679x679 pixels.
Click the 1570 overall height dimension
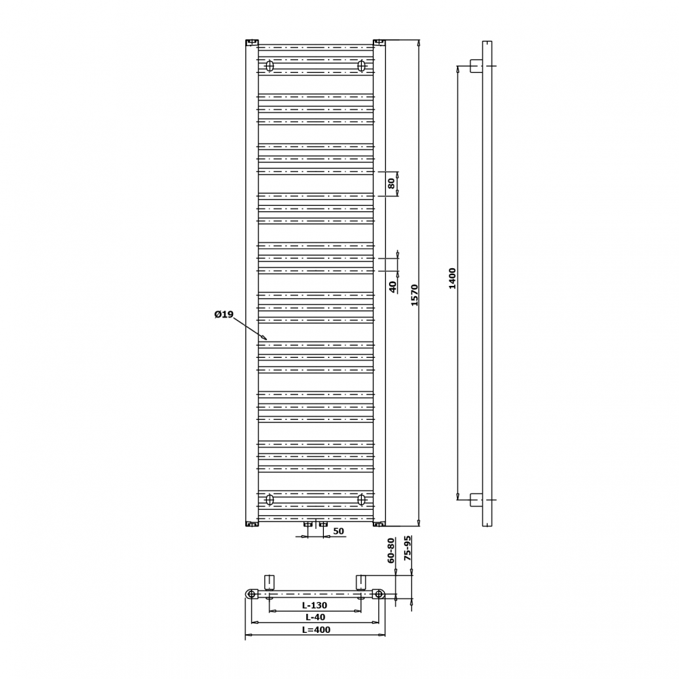click(414, 295)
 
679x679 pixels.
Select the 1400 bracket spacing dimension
click(452, 278)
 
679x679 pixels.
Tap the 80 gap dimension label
click(392, 183)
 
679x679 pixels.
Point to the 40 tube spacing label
click(392, 287)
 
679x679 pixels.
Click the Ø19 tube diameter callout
click(224, 314)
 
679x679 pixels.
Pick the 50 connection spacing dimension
click(338, 531)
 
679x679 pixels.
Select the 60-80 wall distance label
click(391, 550)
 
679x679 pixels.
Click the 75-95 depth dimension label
click(407, 548)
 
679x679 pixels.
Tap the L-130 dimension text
click(315, 606)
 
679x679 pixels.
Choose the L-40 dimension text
click(315, 617)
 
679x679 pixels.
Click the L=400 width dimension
click(316, 629)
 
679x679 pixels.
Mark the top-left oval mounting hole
click(270, 66)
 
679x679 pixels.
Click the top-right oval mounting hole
click(362, 66)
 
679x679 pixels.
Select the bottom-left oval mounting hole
click(270, 500)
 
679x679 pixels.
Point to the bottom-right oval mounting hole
click(362, 500)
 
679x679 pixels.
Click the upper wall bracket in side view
click(477, 66)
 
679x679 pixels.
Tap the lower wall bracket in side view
click(477, 500)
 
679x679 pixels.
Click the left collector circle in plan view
click(251, 594)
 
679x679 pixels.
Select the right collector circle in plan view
click(380, 594)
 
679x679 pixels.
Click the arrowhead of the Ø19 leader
click(265, 339)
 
